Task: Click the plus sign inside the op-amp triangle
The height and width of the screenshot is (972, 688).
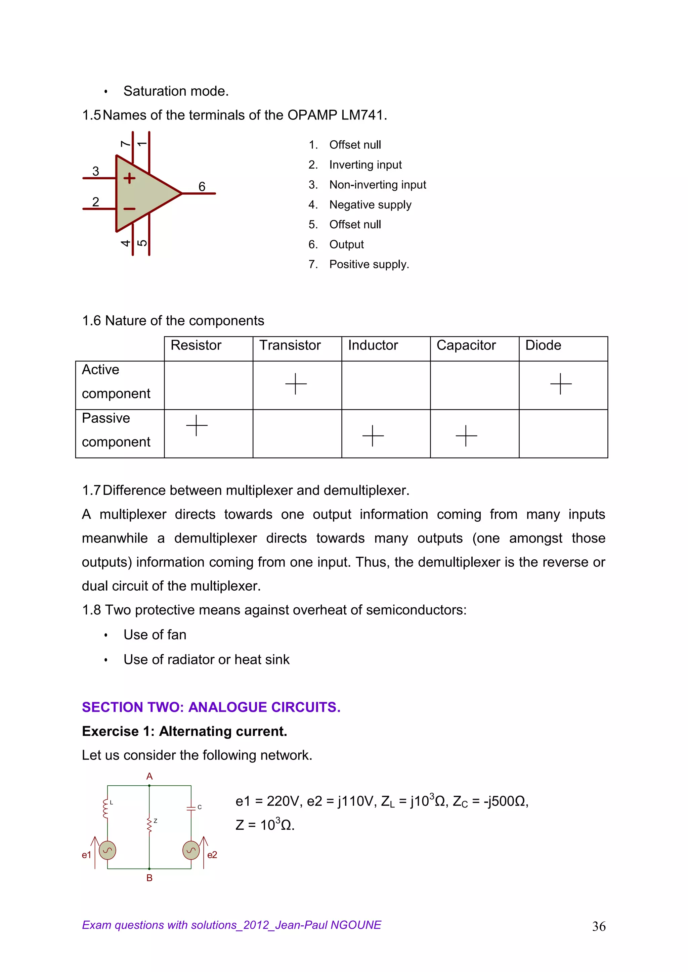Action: point(129,178)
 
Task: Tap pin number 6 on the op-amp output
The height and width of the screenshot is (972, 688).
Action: point(202,186)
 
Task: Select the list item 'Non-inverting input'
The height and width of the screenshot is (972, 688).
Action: point(378,185)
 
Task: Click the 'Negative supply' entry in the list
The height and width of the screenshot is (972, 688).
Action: point(370,204)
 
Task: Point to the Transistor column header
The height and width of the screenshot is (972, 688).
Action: point(290,345)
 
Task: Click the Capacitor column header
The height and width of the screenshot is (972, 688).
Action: point(466,345)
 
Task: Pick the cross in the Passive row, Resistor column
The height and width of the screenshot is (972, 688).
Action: point(197,425)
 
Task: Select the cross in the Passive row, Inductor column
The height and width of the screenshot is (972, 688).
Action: point(373,435)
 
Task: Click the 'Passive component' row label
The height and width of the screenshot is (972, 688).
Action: point(116,430)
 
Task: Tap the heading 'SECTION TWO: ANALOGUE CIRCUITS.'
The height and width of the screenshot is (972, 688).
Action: point(211,707)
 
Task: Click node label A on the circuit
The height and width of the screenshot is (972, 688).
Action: point(149,776)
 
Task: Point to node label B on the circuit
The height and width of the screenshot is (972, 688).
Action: point(149,878)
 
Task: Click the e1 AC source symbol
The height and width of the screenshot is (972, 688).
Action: point(107,850)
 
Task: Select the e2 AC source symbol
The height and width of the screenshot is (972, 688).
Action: point(191,850)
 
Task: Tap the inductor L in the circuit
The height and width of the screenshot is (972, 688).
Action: point(106,808)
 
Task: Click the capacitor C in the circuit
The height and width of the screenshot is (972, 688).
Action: point(191,808)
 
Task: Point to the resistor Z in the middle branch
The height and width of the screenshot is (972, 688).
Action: point(149,825)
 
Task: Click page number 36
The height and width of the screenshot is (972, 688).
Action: point(599,927)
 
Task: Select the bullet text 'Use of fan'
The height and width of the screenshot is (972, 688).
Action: point(155,635)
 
